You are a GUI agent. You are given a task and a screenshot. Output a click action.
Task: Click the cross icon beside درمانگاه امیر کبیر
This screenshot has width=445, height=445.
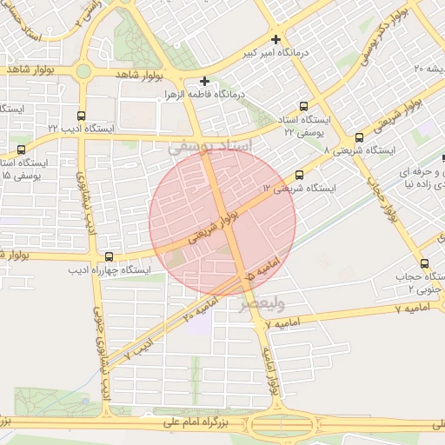[x=276, y=39]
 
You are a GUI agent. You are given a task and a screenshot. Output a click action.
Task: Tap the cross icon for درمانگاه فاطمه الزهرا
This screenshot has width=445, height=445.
[x=205, y=81]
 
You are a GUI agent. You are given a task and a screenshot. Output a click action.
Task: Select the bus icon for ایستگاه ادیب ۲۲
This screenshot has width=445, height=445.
[x=82, y=115]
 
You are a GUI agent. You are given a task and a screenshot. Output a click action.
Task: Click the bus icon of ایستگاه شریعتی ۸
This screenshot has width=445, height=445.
[x=359, y=137]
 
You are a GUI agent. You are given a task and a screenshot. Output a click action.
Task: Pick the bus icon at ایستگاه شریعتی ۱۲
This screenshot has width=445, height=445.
[x=300, y=175]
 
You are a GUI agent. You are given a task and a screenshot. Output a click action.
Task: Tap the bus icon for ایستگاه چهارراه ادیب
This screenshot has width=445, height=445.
[x=109, y=256]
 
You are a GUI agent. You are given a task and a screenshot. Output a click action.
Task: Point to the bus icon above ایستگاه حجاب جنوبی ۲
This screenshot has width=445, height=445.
[x=424, y=263]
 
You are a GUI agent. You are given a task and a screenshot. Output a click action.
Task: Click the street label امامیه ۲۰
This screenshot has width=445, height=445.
[x=201, y=309]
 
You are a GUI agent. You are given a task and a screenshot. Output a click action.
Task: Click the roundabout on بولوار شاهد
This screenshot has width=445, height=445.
[x=84, y=72]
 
